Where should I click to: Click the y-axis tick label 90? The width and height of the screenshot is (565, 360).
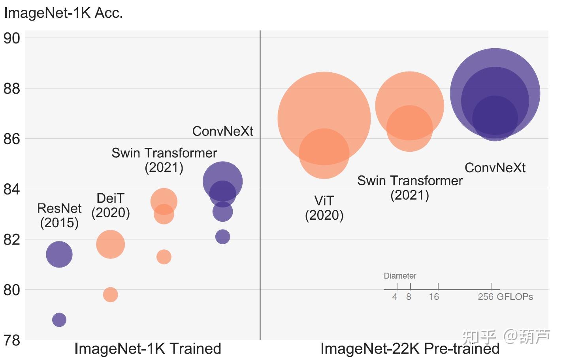click(11, 38)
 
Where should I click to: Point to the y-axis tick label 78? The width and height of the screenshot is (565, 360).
click(11, 340)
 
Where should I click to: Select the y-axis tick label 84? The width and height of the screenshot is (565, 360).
click(11, 189)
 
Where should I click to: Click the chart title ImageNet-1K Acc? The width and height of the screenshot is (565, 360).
click(63, 13)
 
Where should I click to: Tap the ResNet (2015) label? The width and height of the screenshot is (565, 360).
click(59, 215)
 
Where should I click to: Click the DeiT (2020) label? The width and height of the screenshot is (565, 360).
click(111, 205)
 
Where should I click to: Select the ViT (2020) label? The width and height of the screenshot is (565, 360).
click(324, 208)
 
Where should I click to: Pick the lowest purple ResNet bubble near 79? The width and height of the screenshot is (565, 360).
click(59, 320)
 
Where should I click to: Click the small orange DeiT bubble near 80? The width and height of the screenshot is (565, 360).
click(110, 294)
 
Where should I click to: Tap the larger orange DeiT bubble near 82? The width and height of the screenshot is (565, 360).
click(110, 244)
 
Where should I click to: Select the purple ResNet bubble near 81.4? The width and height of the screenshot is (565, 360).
click(59, 254)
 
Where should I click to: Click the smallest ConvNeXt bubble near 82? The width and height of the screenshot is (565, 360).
click(222, 237)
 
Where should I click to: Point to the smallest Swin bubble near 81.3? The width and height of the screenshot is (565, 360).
click(164, 257)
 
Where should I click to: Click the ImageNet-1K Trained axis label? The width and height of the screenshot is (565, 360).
click(148, 349)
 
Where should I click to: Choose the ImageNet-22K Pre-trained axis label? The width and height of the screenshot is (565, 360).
click(410, 349)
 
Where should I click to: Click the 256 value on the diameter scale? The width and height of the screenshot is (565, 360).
click(486, 297)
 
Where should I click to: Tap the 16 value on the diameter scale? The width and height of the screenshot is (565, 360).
click(434, 297)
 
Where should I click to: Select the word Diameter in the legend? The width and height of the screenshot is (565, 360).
click(400, 276)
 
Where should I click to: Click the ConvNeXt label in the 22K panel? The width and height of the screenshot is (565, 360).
click(495, 168)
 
